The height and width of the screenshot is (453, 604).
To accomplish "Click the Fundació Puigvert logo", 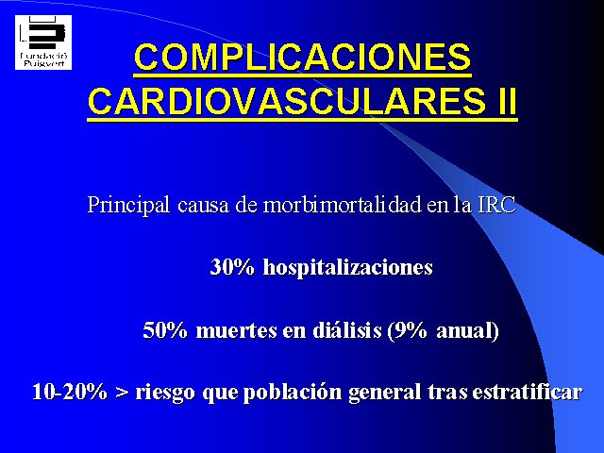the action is [43, 42].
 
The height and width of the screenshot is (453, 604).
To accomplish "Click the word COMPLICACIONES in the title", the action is [303, 57].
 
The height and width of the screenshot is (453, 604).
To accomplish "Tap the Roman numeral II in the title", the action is [505, 101].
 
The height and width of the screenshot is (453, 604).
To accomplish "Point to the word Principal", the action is [128, 206].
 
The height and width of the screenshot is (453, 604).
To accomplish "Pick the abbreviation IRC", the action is [496, 205].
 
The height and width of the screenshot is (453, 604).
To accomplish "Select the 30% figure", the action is [232, 266].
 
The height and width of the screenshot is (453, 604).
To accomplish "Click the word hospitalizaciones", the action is [348, 267].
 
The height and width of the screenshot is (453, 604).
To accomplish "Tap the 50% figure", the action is [165, 329].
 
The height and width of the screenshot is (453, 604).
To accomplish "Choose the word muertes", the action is [237, 330].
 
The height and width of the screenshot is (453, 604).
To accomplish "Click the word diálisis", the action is [347, 330].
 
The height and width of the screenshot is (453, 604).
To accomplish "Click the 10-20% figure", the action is [70, 392].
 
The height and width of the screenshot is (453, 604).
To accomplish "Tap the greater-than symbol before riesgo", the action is [122, 393].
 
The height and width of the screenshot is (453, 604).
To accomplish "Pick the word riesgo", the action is [165, 393].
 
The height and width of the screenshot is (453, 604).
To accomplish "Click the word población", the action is [293, 393].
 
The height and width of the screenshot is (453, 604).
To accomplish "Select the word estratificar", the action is [527, 392].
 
